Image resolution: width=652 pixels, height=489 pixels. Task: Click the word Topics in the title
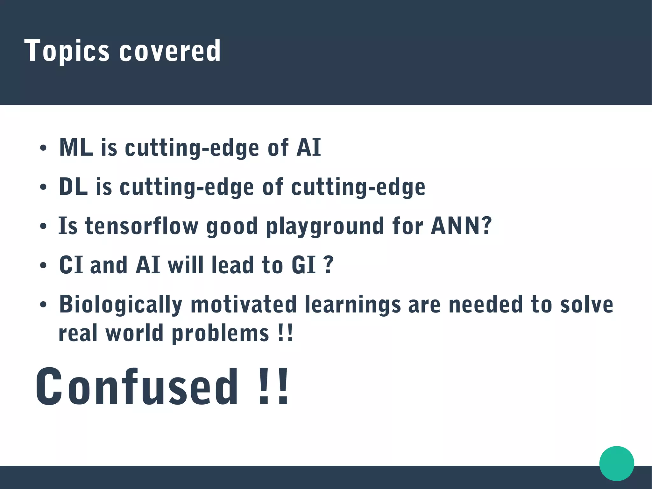click(x=67, y=51)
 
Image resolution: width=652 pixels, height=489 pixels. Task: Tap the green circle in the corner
click(x=616, y=463)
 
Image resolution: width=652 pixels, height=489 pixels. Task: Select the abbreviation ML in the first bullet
click(x=76, y=148)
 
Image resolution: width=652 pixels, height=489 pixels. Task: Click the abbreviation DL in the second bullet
click(x=73, y=187)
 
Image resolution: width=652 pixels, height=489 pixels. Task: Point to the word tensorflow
click(x=141, y=226)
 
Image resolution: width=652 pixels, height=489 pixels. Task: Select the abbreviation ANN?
click(x=461, y=226)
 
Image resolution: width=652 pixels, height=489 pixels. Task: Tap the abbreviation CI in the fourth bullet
click(x=71, y=265)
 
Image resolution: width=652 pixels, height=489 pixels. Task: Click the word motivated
click(x=243, y=305)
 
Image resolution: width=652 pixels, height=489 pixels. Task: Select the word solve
click(x=586, y=305)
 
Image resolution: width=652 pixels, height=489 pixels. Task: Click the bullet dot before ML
click(x=43, y=148)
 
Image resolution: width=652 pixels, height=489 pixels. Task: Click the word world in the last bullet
click(x=134, y=333)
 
